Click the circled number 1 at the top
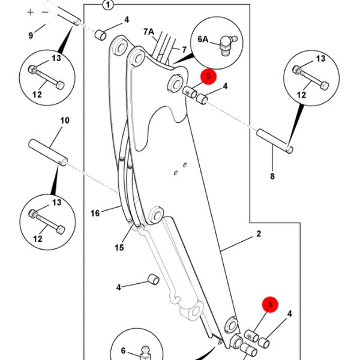coord(108,5)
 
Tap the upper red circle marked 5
coord(208,76)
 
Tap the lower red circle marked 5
coord(270,304)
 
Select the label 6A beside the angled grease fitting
coord(203,39)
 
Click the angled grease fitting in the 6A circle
coord(227,45)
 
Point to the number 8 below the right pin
coord(272,176)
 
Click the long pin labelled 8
coord(275,141)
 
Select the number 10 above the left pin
coord(65,121)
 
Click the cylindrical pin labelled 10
coord(48,152)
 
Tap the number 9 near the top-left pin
coord(31,35)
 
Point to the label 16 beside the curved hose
coord(95,213)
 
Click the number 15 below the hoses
coord(119,247)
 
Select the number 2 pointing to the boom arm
coord(259,234)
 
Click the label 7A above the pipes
coord(149,32)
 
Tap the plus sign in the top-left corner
coord(30,12)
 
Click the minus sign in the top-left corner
coord(45,12)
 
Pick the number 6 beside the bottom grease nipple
coord(123,350)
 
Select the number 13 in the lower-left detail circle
coord(56,203)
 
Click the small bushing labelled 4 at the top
coord(101,35)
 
